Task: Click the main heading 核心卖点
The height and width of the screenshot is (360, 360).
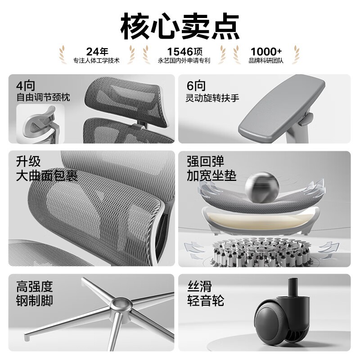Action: point(180,27)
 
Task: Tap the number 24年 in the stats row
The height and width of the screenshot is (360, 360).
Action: point(97,52)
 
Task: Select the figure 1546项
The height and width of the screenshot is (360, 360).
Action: point(184,52)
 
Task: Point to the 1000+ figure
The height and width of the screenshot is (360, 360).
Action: point(266,52)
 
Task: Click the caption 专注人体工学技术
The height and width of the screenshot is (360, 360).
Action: point(96,61)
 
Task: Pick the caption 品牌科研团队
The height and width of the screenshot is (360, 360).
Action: point(266,61)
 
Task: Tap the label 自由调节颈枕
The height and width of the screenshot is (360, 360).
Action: point(43,97)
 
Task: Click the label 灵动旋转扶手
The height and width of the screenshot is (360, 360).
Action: point(212,98)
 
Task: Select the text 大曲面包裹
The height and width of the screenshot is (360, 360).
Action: point(47,176)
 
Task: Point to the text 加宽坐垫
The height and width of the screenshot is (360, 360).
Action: point(211,176)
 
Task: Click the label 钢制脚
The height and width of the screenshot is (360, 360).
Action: point(35,301)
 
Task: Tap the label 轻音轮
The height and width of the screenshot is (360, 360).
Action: point(206,301)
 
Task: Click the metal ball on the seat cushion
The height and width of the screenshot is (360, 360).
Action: point(262,188)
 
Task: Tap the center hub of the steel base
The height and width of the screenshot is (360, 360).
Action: point(121,305)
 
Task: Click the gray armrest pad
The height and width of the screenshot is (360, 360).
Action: point(282,108)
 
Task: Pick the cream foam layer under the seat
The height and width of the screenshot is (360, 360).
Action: point(260,219)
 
